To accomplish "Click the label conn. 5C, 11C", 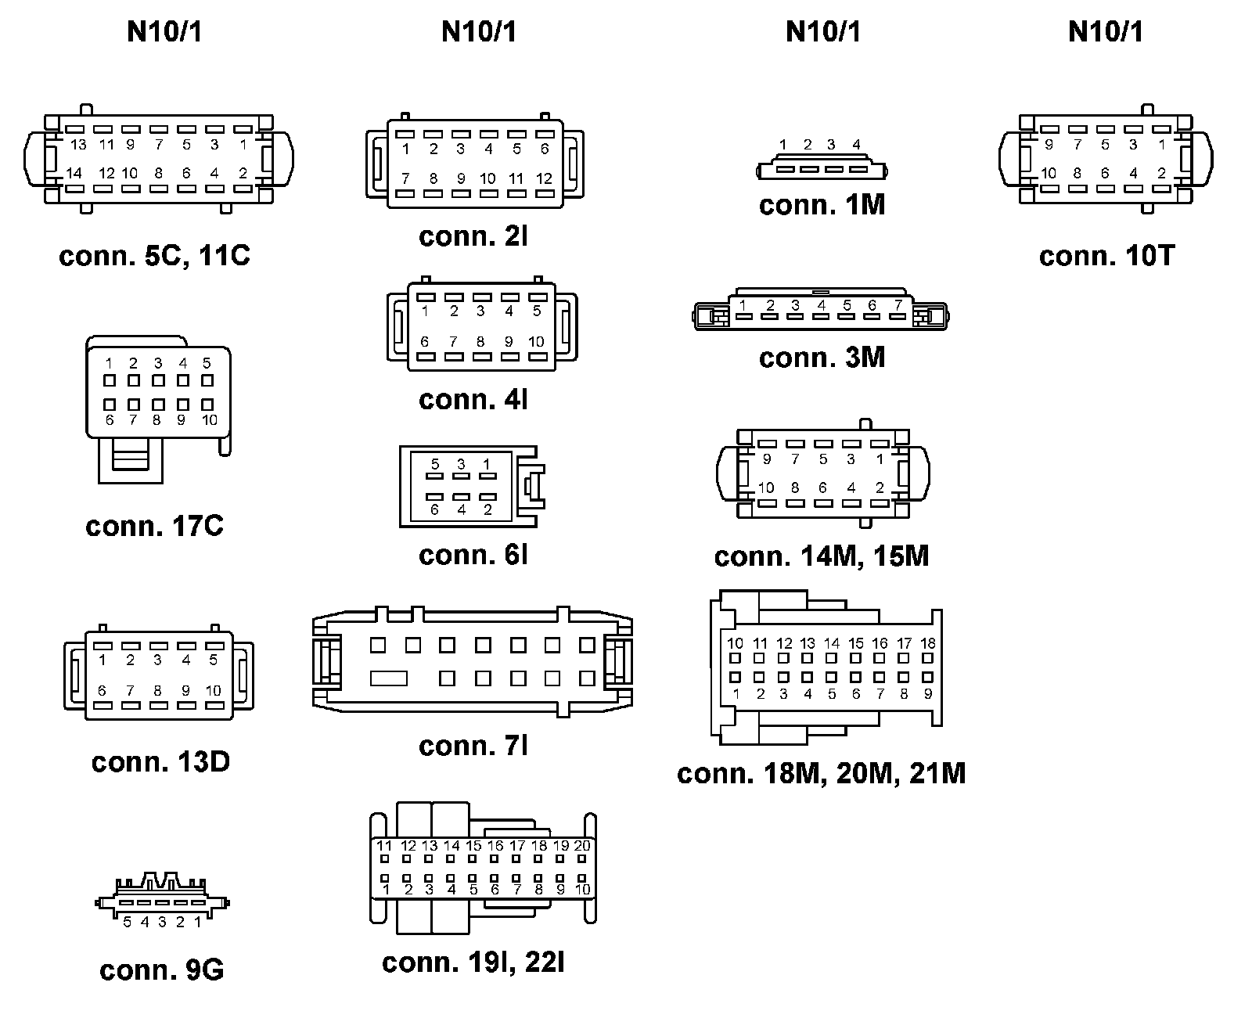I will tap(154, 256).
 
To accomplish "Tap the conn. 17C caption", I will tap(154, 526).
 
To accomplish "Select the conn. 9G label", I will tap(161, 970).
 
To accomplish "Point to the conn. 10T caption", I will tap(1106, 256).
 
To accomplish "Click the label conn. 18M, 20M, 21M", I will tap(821, 773).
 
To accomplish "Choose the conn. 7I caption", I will tap(473, 746).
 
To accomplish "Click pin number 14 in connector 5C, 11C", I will tap(74, 173).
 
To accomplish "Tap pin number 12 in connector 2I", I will tap(544, 178).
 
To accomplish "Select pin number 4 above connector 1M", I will tap(856, 145).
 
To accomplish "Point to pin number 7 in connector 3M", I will tap(898, 305).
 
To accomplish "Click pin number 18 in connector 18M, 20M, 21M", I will tap(928, 643).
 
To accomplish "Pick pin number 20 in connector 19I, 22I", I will tap(582, 846).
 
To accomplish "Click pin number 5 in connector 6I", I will tap(435, 464).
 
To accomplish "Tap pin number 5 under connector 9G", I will tap(128, 923).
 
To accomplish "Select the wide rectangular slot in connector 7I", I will tap(389, 678).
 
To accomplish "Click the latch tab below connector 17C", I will tap(131, 455).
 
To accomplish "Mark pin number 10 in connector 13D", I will tap(214, 690).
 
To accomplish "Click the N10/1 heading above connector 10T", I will tap(1106, 32).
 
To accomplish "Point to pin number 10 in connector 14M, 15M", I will tap(765, 488).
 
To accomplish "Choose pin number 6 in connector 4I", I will tap(424, 341).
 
